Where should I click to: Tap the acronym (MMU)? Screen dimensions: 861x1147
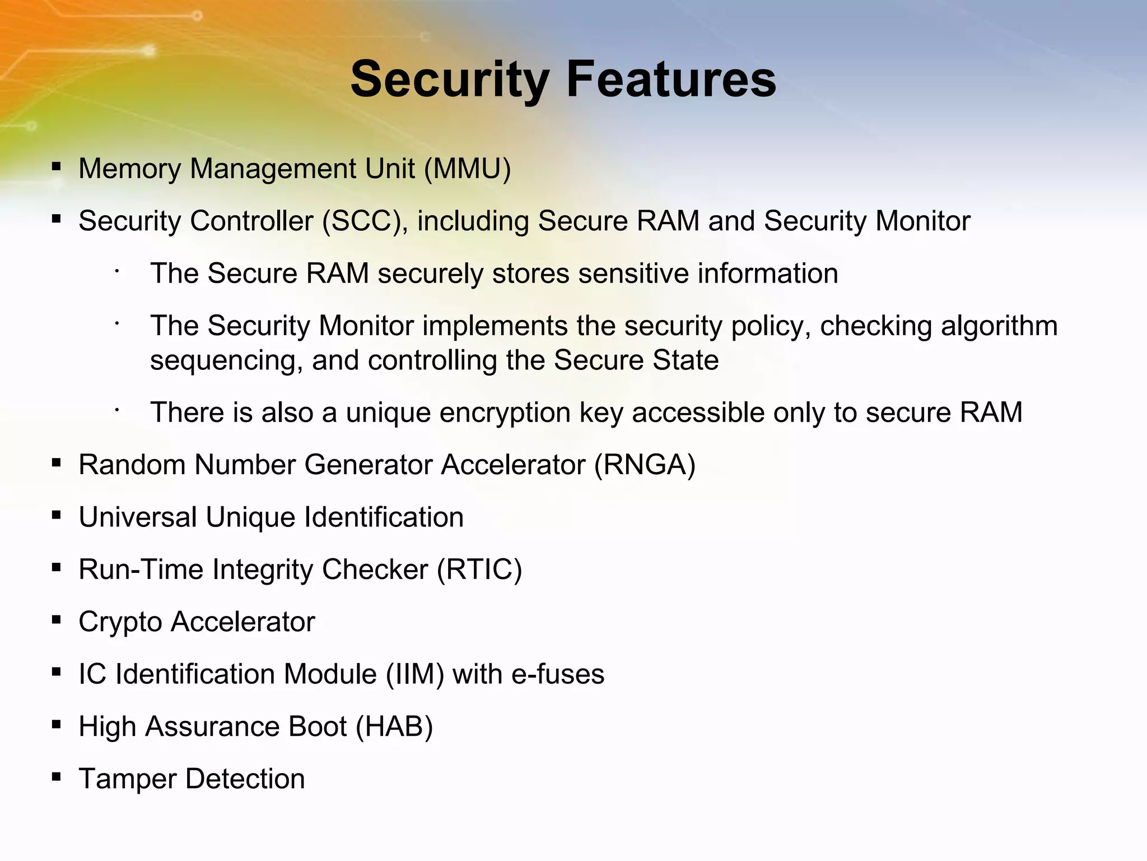coord(468,169)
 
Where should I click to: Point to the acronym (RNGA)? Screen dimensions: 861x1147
coord(645,465)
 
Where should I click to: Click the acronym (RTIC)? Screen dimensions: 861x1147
coord(479,570)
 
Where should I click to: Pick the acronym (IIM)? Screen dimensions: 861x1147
coord(415,674)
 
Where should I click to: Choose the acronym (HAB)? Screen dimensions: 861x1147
coord(394,726)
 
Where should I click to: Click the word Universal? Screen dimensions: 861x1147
coord(138,517)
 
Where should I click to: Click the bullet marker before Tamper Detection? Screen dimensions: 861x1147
coord(56,777)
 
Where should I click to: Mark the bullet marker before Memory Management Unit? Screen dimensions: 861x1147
coord(56,167)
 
